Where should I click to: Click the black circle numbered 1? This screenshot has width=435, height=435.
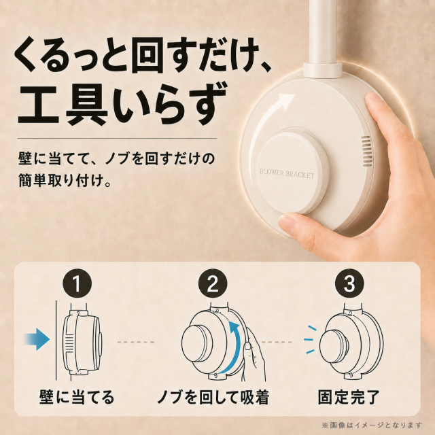(x=77, y=283)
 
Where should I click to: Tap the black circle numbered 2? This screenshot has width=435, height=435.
(x=213, y=283)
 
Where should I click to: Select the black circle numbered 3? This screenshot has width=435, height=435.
(x=349, y=283)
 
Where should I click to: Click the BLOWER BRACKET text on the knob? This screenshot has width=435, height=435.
(x=287, y=173)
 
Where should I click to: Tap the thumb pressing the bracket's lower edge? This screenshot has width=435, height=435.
(x=294, y=225)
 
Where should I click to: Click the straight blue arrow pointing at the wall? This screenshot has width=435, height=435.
(x=37, y=338)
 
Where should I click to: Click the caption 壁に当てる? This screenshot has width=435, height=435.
(x=77, y=397)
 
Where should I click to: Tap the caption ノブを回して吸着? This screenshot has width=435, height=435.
(x=213, y=397)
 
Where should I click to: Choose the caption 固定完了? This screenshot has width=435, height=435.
(x=349, y=397)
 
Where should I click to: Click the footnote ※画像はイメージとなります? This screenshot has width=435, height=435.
(x=372, y=425)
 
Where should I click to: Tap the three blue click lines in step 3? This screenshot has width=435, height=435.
(x=310, y=340)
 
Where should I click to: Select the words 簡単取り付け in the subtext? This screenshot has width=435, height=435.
(x=60, y=180)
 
